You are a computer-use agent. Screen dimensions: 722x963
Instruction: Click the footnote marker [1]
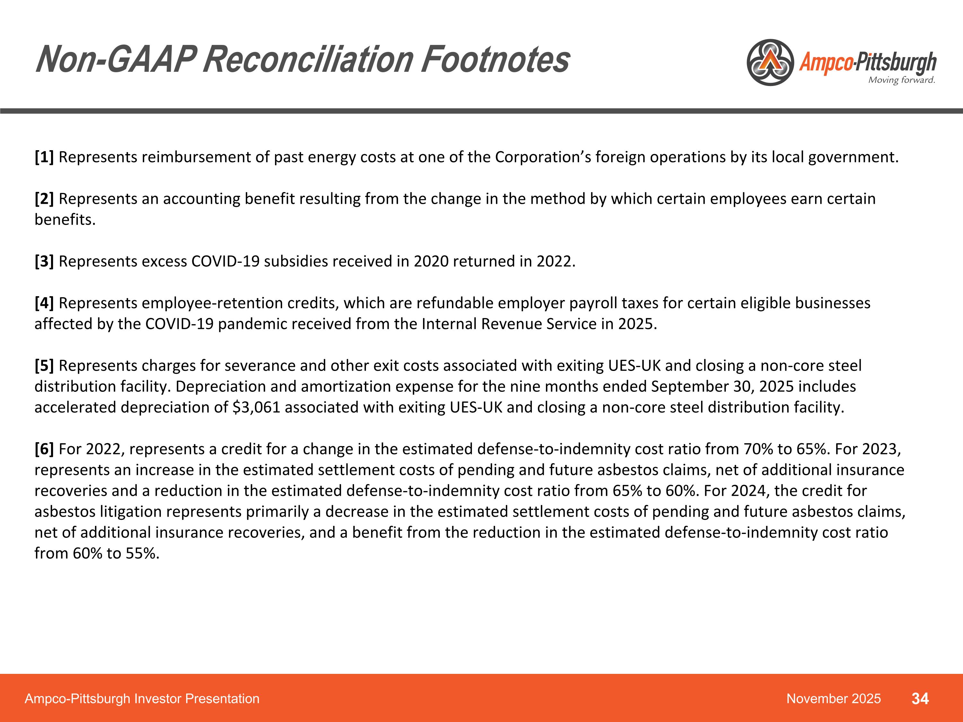44,157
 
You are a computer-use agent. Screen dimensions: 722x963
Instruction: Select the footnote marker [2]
44,199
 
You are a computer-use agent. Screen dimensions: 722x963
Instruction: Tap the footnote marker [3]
44,262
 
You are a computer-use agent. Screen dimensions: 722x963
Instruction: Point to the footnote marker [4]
44,303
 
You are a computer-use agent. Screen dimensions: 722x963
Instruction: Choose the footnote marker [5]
44,365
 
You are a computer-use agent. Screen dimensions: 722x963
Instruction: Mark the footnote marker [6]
44,449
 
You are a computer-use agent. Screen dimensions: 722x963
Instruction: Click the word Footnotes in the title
495,60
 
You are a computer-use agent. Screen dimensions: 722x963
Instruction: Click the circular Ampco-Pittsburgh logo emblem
770,63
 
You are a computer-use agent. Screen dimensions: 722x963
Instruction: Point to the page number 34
920,699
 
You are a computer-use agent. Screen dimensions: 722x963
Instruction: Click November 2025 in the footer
833,699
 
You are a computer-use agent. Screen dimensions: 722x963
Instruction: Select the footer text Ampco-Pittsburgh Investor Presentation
142,699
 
